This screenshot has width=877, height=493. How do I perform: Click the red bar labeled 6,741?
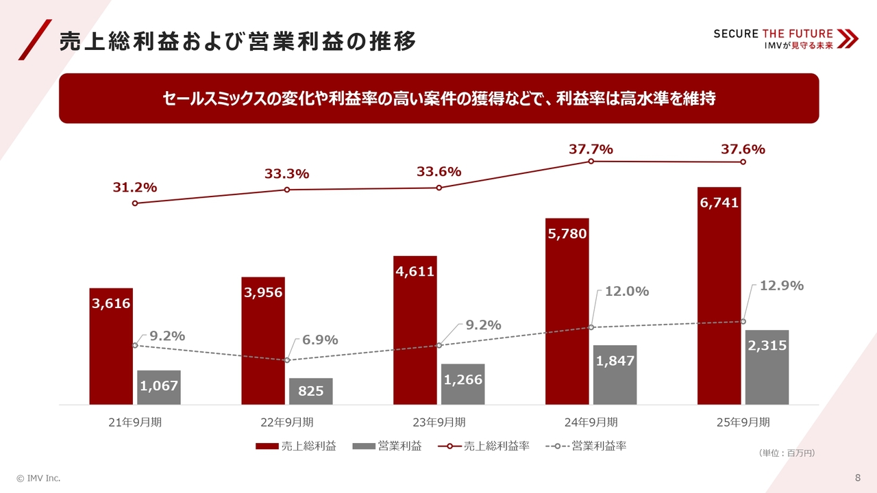point(719,295)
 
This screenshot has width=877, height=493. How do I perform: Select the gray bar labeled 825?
point(311,391)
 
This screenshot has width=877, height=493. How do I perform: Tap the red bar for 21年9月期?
point(111,346)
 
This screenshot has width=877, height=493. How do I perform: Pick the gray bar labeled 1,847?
point(615,375)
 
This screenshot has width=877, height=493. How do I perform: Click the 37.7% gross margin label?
point(591,149)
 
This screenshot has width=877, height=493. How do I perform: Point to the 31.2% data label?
point(135,187)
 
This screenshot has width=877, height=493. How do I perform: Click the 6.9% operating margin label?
point(320,340)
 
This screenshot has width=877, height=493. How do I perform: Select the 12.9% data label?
point(782,286)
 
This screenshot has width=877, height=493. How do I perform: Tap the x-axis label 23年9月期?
point(439,422)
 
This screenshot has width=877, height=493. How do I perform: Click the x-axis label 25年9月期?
point(743,422)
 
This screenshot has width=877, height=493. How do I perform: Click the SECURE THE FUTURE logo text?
point(773,34)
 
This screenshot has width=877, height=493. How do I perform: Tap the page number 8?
point(858,477)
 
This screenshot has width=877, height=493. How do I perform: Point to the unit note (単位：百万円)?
point(787,453)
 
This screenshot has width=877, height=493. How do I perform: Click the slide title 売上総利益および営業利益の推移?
point(238,42)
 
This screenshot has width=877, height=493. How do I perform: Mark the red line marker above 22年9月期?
point(287,190)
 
